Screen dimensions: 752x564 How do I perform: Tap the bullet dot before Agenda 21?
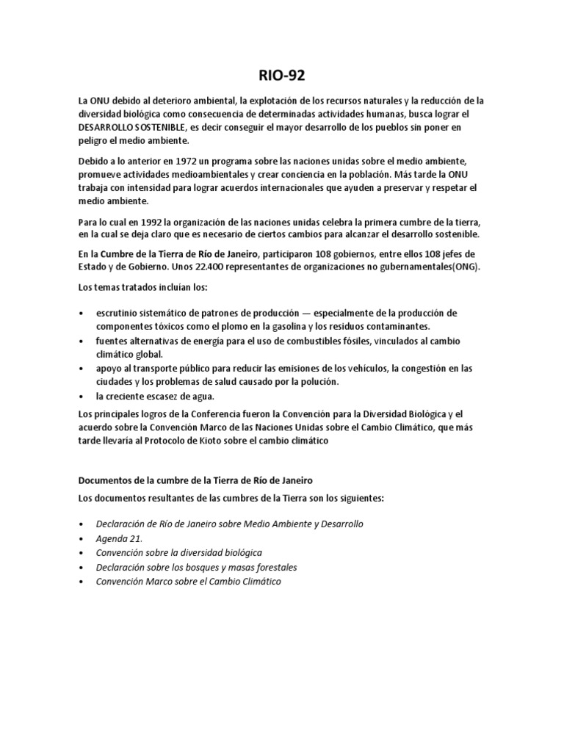pyautogui.click(x=82, y=538)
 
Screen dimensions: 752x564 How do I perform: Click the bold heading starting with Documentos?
pyautogui.click(x=195, y=480)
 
